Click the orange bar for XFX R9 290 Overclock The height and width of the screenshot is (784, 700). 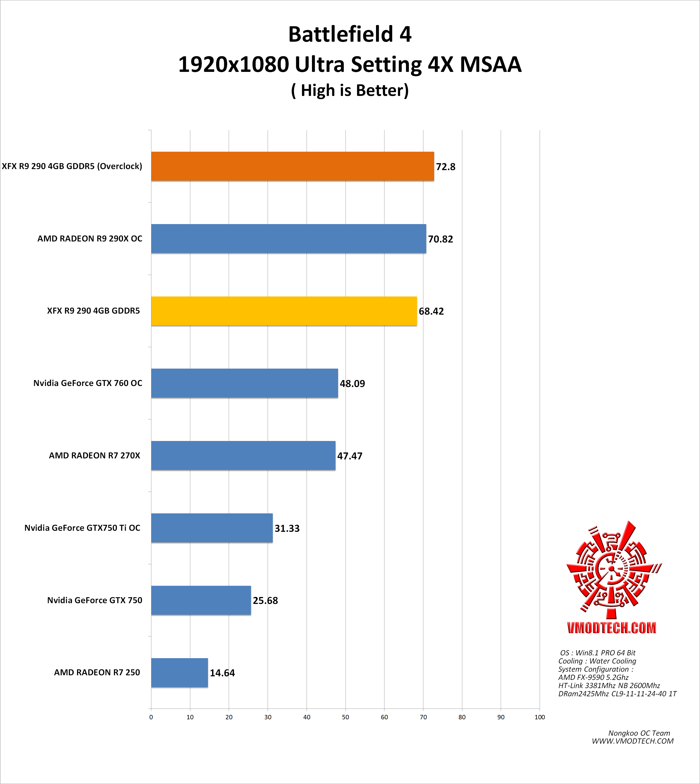(292, 166)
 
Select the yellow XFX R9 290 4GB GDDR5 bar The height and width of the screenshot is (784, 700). (284, 311)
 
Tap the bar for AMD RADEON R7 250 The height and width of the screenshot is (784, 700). (179, 673)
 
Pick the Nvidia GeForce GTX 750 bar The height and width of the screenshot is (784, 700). (201, 600)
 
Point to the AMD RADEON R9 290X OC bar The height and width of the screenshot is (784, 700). (288, 239)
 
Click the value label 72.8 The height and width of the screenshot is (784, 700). (445, 167)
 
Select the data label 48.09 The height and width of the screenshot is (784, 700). (352, 383)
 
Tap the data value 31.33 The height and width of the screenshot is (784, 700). (287, 528)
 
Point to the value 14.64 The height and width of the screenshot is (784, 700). (222, 673)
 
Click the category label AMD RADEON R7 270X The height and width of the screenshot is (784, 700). (95, 456)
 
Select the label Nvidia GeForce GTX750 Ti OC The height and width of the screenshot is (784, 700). (82, 528)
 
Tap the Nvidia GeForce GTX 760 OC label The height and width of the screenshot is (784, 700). (88, 383)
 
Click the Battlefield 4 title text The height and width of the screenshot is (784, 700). (350, 34)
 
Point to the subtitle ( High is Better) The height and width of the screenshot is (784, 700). (350, 91)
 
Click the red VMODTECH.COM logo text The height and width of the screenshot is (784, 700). (612, 628)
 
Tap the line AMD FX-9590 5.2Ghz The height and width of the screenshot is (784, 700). (593, 677)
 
